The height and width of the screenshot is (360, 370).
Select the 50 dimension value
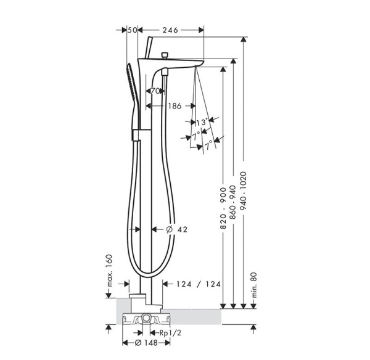(x=131, y=30)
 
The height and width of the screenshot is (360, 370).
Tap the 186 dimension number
(x=174, y=106)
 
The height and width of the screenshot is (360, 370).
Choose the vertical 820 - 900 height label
(x=224, y=209)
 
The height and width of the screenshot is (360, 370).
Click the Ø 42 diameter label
(x=177, y=229)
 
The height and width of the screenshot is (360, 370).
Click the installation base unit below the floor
(x=147, y=319)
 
